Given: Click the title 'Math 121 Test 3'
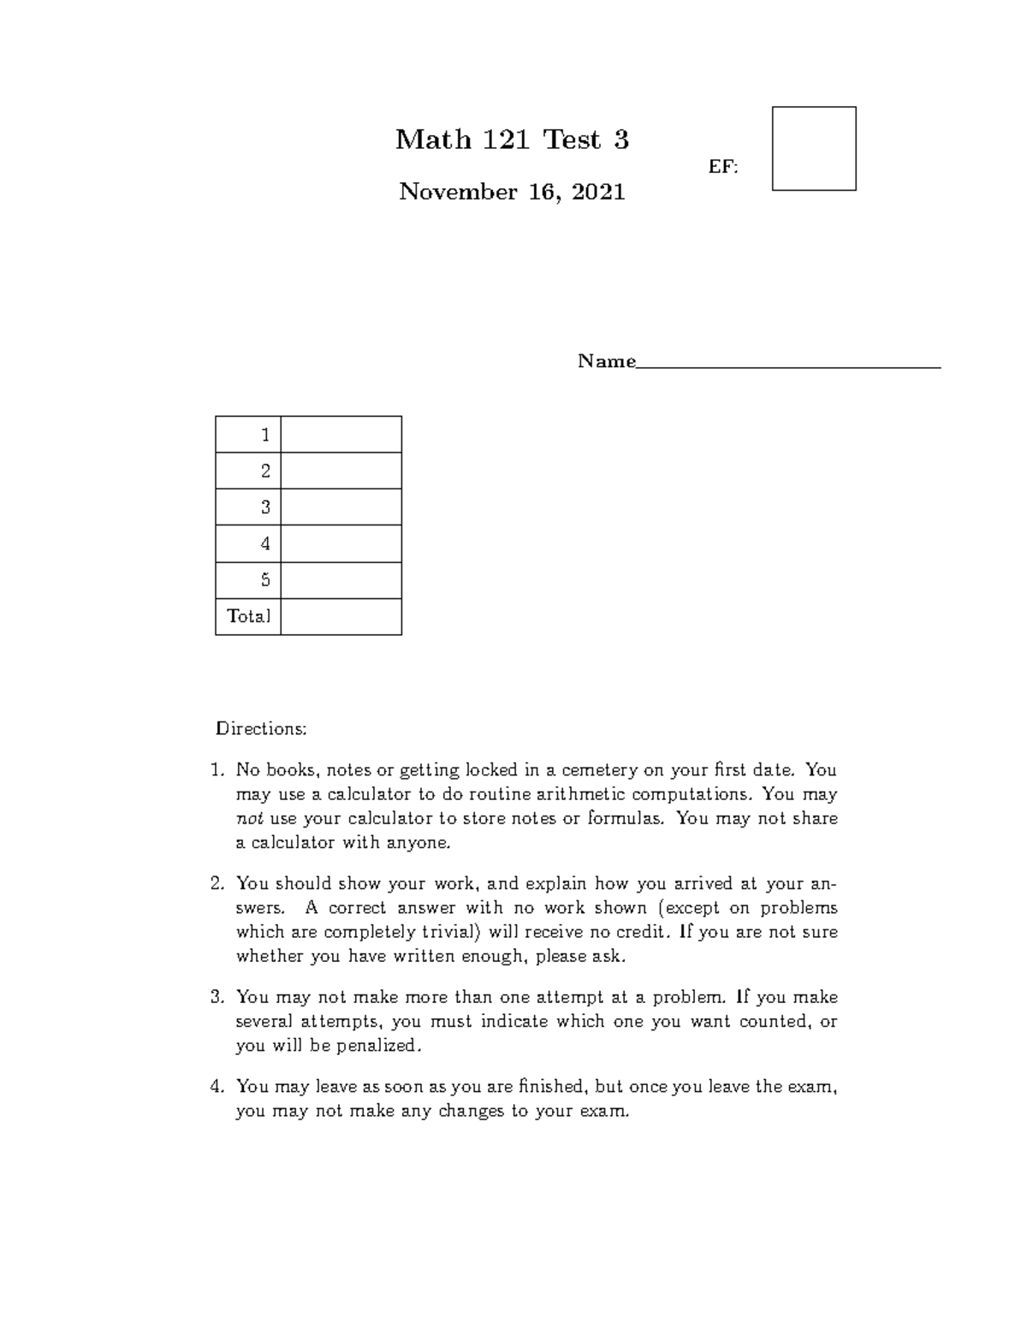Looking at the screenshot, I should [512, 139].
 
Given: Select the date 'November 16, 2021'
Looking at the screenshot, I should [512, 192].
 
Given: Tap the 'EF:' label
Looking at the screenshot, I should [723, 167].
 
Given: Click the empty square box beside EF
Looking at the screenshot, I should [814, 148].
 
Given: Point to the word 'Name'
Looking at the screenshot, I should [606, 361].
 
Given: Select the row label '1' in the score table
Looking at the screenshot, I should [265, 435].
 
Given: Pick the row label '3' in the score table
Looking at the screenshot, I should [265, 507].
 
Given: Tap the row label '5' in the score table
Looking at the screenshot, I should [265, 580].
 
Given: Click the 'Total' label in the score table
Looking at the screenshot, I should [248, 616].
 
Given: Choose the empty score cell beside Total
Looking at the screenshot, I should [341, 616].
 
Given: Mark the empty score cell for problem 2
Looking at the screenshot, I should [341, 471].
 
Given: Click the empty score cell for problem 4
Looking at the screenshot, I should [341, 543].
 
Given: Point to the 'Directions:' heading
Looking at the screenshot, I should [261, 729].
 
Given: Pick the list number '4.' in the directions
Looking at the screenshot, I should [217, 1087].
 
